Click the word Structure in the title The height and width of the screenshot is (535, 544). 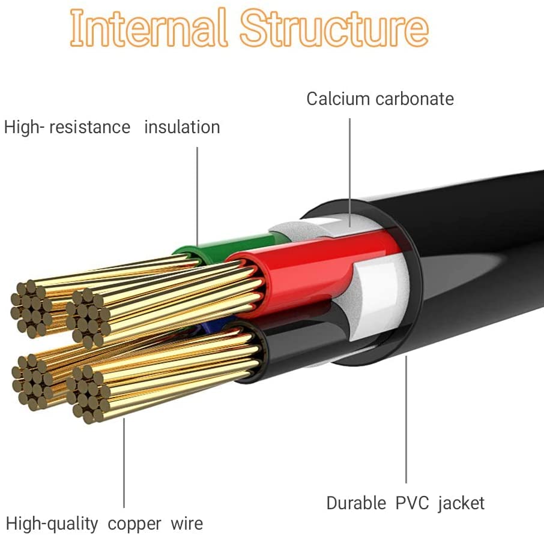point(335,27)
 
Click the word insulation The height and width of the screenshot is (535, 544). point(182,127)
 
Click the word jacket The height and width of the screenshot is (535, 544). point(461,503)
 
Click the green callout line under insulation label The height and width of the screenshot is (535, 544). point(197,192)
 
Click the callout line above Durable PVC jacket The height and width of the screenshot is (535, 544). point(406,420)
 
